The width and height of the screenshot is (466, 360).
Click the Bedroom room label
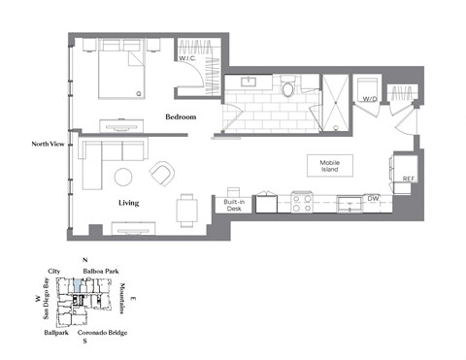tap(181, 117)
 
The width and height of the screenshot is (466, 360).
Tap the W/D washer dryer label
tap(369, 99)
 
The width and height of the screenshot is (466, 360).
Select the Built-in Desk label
tap(234, 206)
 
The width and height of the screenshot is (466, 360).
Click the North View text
tap(48, 144)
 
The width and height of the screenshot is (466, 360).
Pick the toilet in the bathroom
tap(288, 88)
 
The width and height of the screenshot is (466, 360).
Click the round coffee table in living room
tap(124, 178)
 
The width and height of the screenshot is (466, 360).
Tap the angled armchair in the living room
tap(163, 175)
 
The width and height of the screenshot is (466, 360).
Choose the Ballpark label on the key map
tap(55, 333)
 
